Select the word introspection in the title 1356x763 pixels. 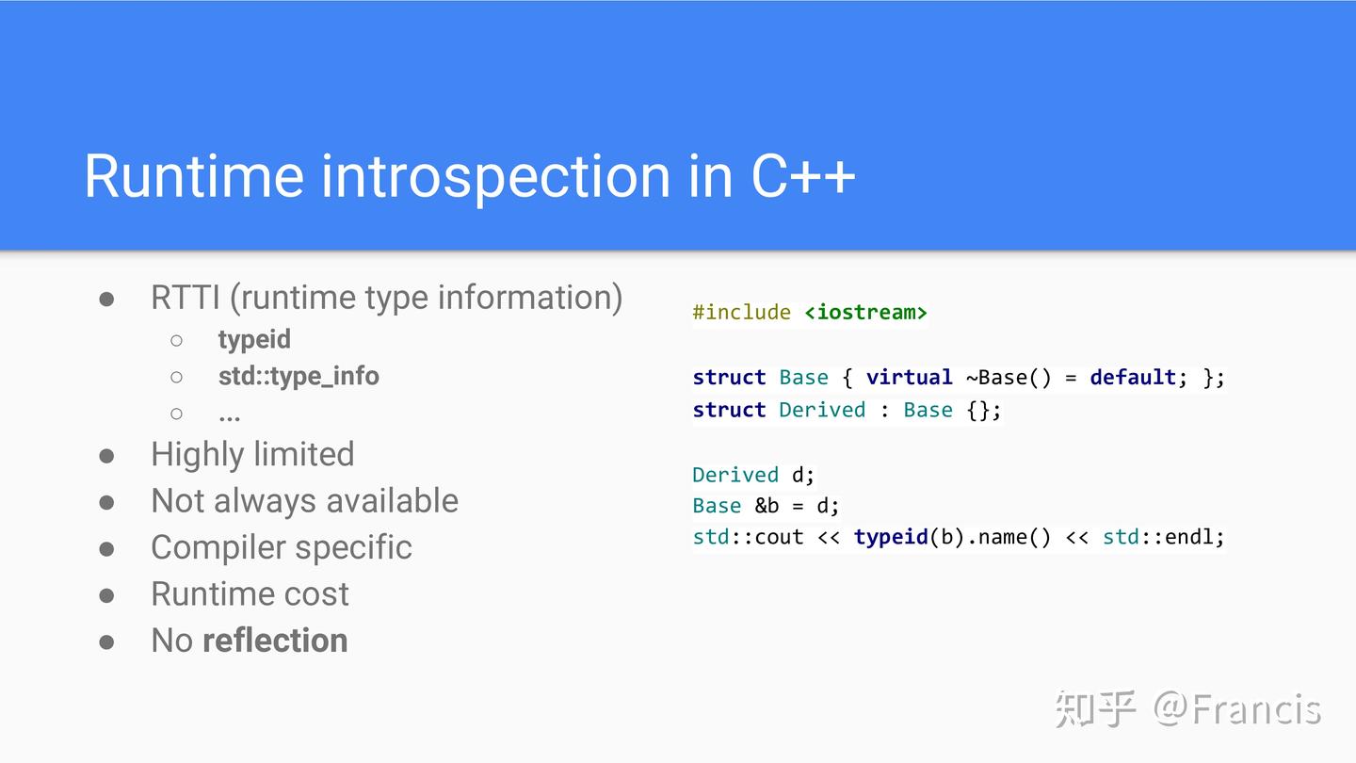tap(495, 178)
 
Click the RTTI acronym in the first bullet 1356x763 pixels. tap(186, 298)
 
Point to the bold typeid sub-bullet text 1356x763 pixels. tap(254, 340)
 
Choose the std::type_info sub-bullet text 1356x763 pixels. tap(299, 376)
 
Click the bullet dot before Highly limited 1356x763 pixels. tap(106, 455)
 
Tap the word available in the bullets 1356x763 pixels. tap(393, 501)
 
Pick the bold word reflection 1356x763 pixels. tap(275, 641)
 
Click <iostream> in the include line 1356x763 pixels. tap(865, 313)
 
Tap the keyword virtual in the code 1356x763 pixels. tap(909, 377)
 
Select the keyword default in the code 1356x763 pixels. tap(1133, 377)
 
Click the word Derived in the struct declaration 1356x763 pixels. tap(821, 410)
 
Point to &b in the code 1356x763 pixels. tap(767, 506)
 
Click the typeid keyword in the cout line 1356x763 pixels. tap(891, 537)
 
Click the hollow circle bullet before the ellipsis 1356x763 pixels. tap(176, 414)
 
